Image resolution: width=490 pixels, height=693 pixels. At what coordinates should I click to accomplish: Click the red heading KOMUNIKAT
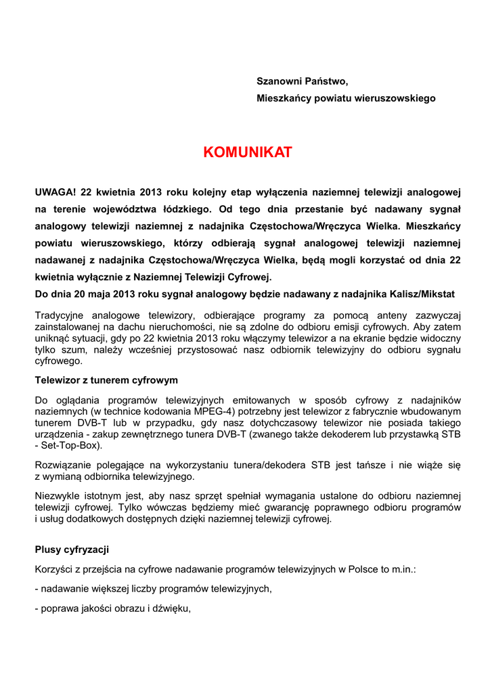248,152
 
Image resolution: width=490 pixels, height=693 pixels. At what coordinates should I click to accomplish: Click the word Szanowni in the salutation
277,81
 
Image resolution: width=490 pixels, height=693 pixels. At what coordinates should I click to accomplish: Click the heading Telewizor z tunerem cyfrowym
106,380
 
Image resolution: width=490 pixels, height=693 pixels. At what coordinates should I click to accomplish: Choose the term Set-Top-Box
70,446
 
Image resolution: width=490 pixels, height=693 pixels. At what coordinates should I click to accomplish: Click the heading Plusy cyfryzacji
72,550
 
